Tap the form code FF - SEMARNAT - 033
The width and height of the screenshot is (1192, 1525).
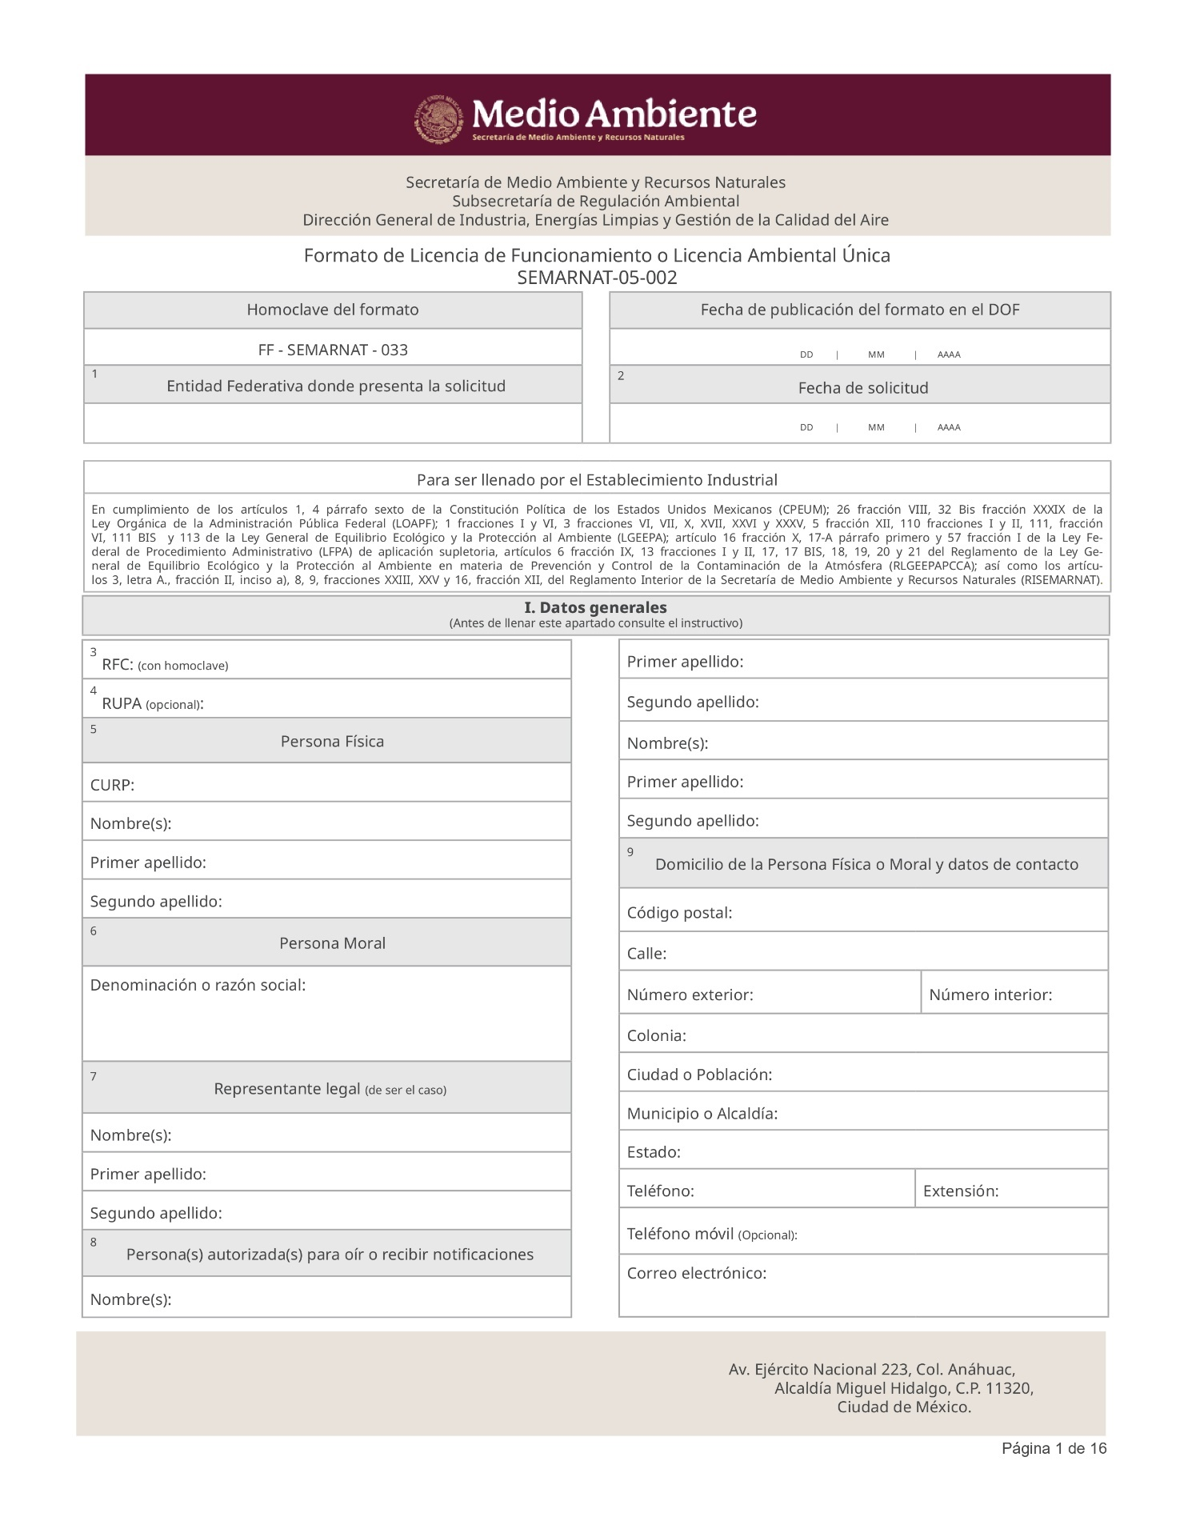pos(333,350)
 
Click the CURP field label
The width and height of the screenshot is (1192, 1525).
pos(112,785)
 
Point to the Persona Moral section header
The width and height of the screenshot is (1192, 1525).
pos(332,943)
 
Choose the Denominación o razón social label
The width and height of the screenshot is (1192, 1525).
pos(198,985)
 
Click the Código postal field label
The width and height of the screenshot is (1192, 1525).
pos(679,913)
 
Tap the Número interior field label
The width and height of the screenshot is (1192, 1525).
pos(990,995)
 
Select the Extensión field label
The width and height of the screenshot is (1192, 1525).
pos(960,1191)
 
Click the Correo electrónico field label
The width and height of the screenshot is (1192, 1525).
pos(696,1273)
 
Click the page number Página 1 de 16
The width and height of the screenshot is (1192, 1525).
pos(1054,1448)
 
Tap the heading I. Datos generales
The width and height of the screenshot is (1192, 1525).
pos(595,607)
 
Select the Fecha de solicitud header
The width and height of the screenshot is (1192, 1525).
pos(862,388)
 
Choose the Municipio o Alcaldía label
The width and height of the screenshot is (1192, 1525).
pos(702,1113)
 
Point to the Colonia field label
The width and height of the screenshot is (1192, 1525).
pos(656,1035)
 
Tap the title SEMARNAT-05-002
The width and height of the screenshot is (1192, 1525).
pos(597,278)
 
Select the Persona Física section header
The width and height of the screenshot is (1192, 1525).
pos(332,742)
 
